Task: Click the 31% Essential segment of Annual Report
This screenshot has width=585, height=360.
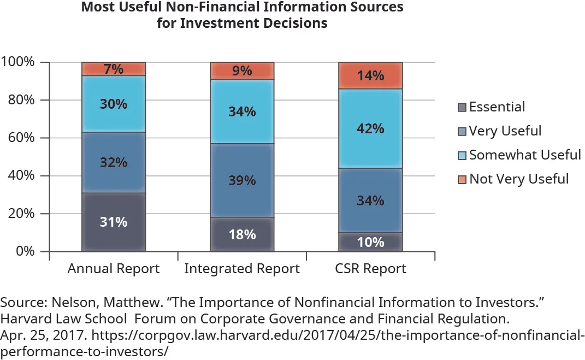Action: pyautogui.click(x=114, y=222)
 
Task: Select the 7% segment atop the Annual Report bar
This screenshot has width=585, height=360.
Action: pyautogui.click(x=114, y=69)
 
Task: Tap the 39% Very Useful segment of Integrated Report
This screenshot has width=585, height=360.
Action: pyautogui.click(x=242, y=180)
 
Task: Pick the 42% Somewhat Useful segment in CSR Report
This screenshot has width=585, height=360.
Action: pyautogui.click(x=371, y=128)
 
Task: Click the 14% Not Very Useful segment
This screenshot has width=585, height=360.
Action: pyautogui.click(x=371, y=75)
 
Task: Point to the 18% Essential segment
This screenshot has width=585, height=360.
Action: pyautogui.click(x=242, y=234)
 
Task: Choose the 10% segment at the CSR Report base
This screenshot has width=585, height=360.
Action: pyautogui.click(x=371, y=241)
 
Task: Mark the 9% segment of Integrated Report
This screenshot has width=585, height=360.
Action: pyautogui.click(x=242, y=70)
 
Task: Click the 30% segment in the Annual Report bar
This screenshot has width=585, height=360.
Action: pyautogui.click(x=114, y=104)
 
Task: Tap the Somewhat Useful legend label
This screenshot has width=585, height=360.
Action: pyautogui.click(x=525, y=155)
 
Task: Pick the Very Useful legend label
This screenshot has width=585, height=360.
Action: pyautogui.click(x=505, y=131)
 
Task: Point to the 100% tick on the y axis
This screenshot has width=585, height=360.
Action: pyautogui.click(x=19, y=62)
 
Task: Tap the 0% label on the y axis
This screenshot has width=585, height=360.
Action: pyautogui.click(x=25, y=252)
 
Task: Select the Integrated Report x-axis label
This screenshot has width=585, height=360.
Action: pyautogui.click(x=242, y=269)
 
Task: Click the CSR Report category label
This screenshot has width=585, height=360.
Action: pyautogui.click(x=371, y=269)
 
